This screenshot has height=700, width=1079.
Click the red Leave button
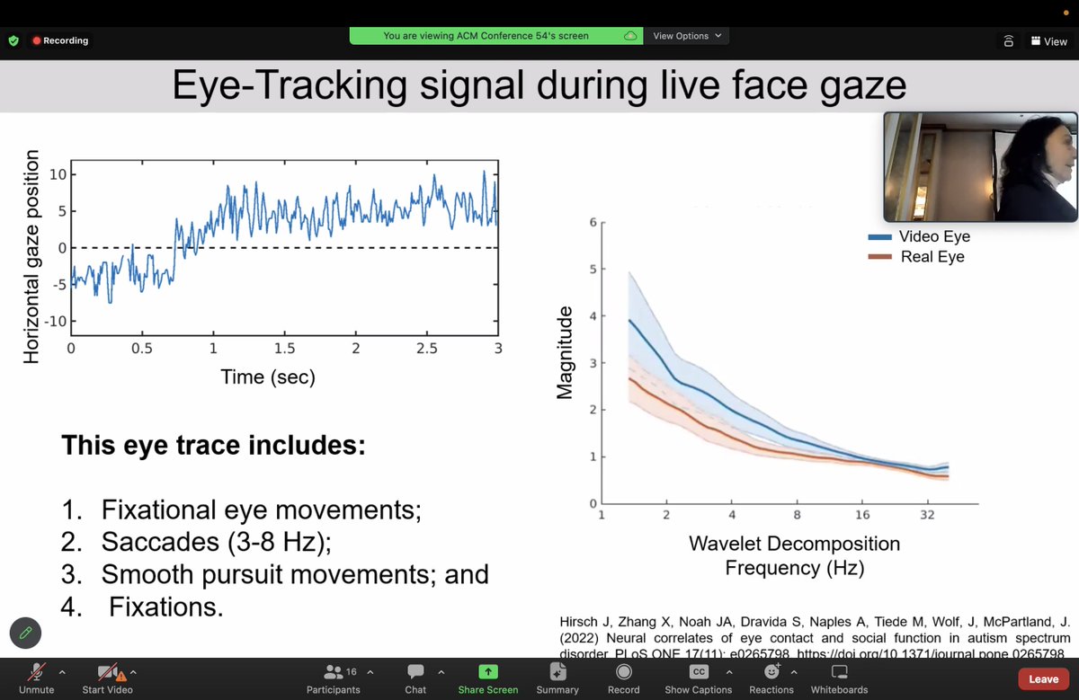(1043, 678)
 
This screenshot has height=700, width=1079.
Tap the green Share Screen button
(487, 672)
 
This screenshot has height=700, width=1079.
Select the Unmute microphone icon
(36, 672)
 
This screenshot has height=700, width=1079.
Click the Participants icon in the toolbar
(334, 672)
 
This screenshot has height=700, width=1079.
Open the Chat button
(415, 672)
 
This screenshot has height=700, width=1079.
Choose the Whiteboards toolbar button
(839, 672)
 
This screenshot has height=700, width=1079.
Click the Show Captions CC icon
(699, 672)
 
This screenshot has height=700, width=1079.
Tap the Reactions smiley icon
(771, 672)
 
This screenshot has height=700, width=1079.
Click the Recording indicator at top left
(61, 40)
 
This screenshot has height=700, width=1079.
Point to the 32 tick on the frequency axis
(927, 515)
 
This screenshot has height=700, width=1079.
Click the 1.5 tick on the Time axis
(284, 348)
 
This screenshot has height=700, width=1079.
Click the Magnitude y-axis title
(565, 353)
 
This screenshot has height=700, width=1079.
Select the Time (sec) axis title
(268, 377)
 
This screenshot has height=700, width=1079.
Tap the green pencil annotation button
(26, 633)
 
